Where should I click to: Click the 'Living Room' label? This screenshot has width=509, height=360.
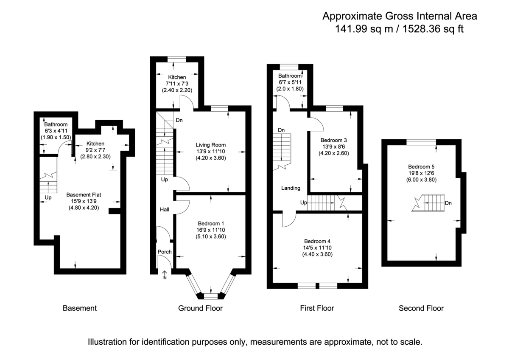[x=211, y=145]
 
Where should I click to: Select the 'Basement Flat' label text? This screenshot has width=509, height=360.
[x=84, y=195]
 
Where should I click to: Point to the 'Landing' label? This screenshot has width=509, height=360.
[x=291, y=188]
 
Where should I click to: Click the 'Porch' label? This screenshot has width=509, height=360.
[x=165, y=252]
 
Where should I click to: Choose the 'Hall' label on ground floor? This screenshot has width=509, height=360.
[x=165, y=210]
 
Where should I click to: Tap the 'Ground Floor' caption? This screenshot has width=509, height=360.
[x=200, y=308]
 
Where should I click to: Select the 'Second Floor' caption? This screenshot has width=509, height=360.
[x=421, y=308]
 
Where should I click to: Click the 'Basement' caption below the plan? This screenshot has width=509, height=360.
[x=80, y=308]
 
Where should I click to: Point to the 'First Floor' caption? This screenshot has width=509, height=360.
[x=317, y=308]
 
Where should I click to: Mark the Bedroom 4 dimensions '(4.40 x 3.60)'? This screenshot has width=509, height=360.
[x=314, y=255]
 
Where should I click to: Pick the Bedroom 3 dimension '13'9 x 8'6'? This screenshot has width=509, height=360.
[x=334, y=147]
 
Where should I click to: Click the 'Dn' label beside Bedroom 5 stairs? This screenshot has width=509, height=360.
[x=448, y=203]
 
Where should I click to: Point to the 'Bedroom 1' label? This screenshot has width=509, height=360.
[x=211, y=223]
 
